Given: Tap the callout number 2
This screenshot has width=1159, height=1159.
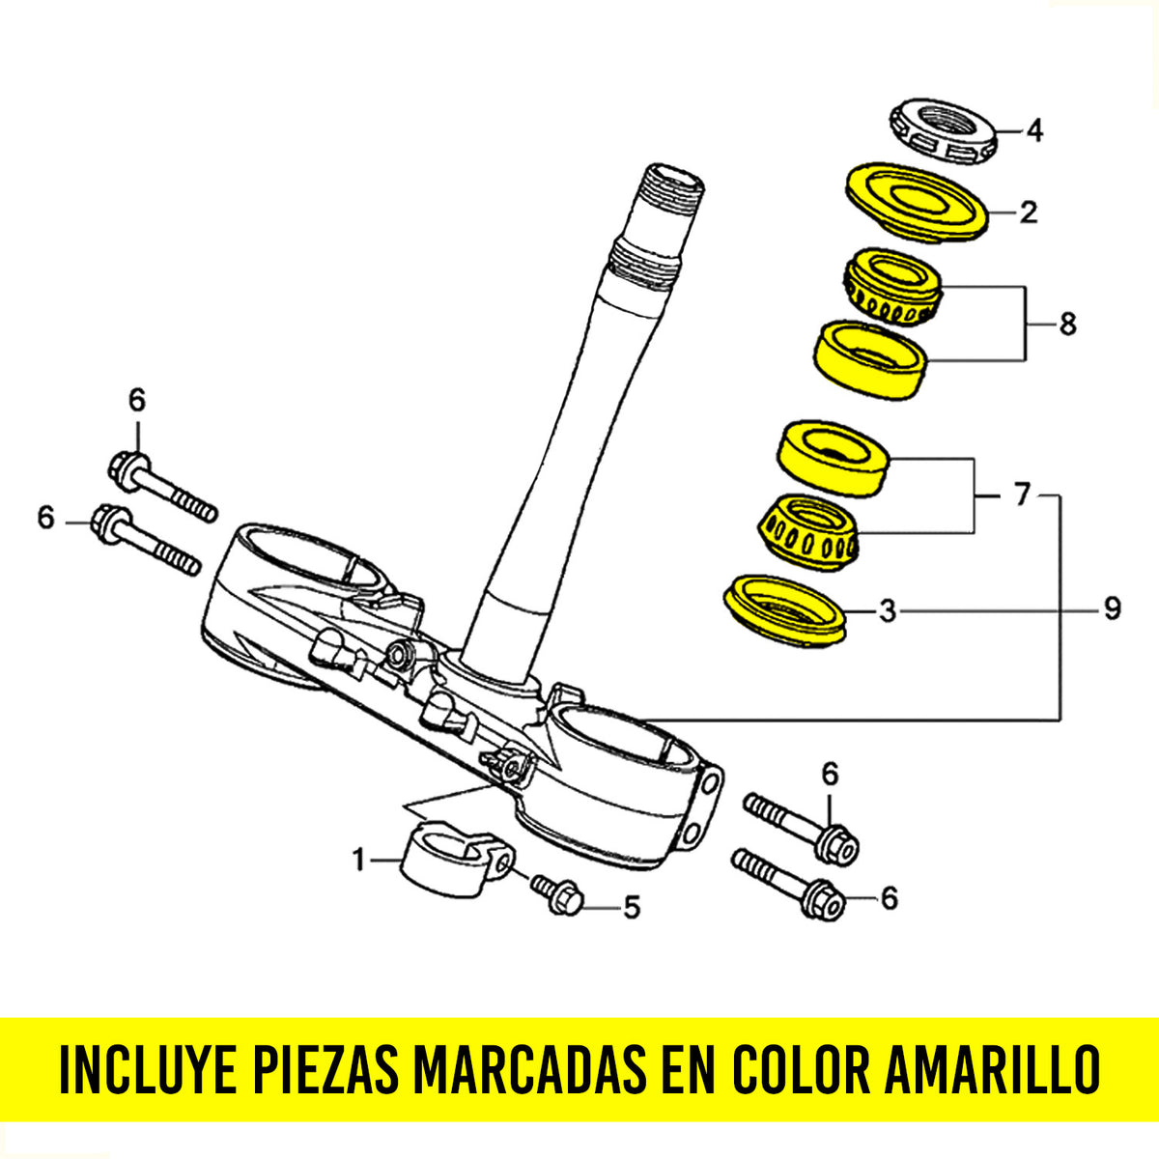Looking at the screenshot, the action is click(1028, 212).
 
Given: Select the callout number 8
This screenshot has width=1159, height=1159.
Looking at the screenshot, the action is click(1067, 325).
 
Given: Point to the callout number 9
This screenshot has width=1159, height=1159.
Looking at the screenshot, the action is click(1112, 608).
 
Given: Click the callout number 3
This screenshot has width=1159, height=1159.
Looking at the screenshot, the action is click(888, 610).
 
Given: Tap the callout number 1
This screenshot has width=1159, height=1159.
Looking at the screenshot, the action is click(359, 860).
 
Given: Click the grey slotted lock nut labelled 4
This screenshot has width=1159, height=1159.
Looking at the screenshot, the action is click(943, 131).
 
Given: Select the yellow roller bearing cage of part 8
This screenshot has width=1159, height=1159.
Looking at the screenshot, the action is click(891, 287).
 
